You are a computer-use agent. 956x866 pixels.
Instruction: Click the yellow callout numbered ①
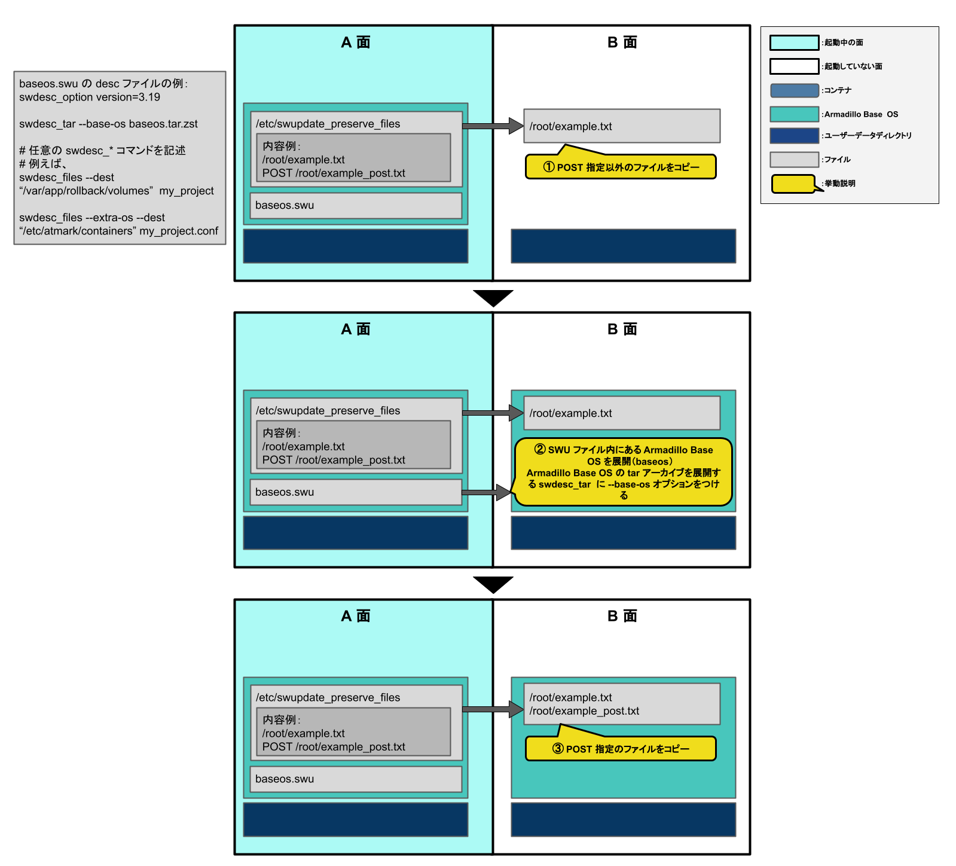[621, 167]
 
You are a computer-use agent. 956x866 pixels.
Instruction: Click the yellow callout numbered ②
[623, 472]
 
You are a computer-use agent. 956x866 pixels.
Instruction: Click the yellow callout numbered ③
[621, 748]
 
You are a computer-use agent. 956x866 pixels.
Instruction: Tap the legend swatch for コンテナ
[794, 90]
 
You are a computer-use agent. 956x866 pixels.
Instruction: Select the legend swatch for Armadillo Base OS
[794, 114]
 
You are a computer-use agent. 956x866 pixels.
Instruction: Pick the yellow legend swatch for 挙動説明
[793, 184]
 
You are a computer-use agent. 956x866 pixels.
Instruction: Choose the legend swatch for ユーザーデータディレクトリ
[794, 136]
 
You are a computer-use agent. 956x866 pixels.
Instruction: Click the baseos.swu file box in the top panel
[356, 205]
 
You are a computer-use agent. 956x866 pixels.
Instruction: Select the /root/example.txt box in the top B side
[622, 126]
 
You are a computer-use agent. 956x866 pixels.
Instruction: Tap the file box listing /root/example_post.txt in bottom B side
[622, 704]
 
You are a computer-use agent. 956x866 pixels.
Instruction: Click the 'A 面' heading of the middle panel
[356, 330]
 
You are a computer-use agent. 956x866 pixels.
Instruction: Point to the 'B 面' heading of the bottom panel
[622, 616]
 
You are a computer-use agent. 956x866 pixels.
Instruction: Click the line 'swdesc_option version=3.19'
[90, 97]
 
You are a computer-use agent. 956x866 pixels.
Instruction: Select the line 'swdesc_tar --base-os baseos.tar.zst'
[108, 124]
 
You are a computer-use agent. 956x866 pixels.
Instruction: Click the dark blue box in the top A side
[356, 246]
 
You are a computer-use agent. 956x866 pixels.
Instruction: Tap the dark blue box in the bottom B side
[623, 819]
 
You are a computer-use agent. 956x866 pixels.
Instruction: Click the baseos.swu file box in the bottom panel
[356, 779]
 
